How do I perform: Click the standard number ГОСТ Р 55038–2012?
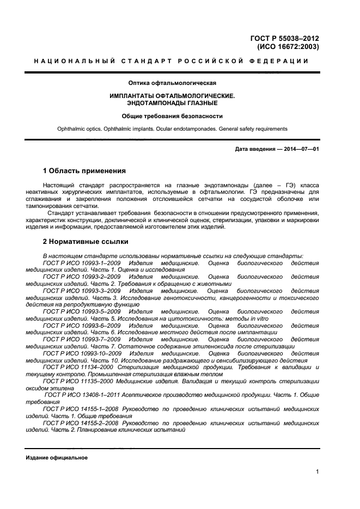point(284,38)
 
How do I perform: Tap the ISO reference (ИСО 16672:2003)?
point(284,47)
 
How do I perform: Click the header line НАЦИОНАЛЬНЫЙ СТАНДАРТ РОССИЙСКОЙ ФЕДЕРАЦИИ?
point(172,62)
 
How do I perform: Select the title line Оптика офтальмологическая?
point(172,83)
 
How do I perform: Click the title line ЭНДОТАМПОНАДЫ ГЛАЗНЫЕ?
point(172,103)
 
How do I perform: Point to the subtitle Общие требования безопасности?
point(172,116)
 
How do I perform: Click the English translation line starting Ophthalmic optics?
point(172,129)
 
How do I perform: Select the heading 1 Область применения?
point(84,170)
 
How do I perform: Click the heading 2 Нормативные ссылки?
point(86,241)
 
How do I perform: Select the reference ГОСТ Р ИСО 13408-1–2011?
point(85,396)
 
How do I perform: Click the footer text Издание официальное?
point(57,458)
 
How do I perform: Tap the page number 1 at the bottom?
point(317,472)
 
